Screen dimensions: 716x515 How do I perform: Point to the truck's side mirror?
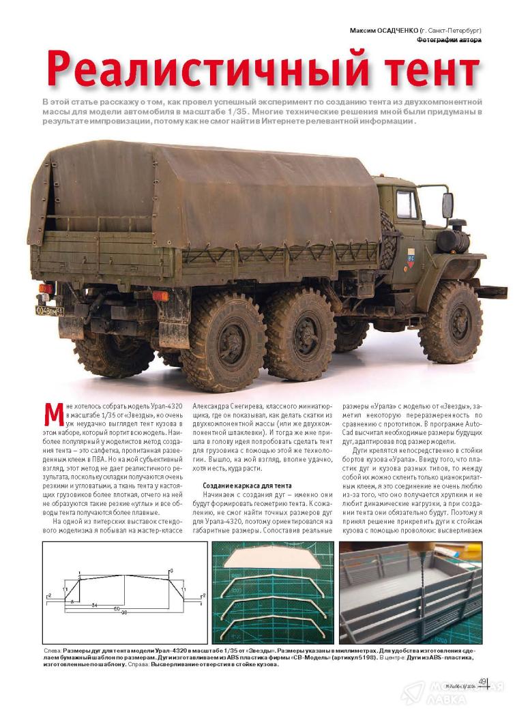(x=447, y=204)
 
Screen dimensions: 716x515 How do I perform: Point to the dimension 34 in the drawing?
(x=93, y=605)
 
